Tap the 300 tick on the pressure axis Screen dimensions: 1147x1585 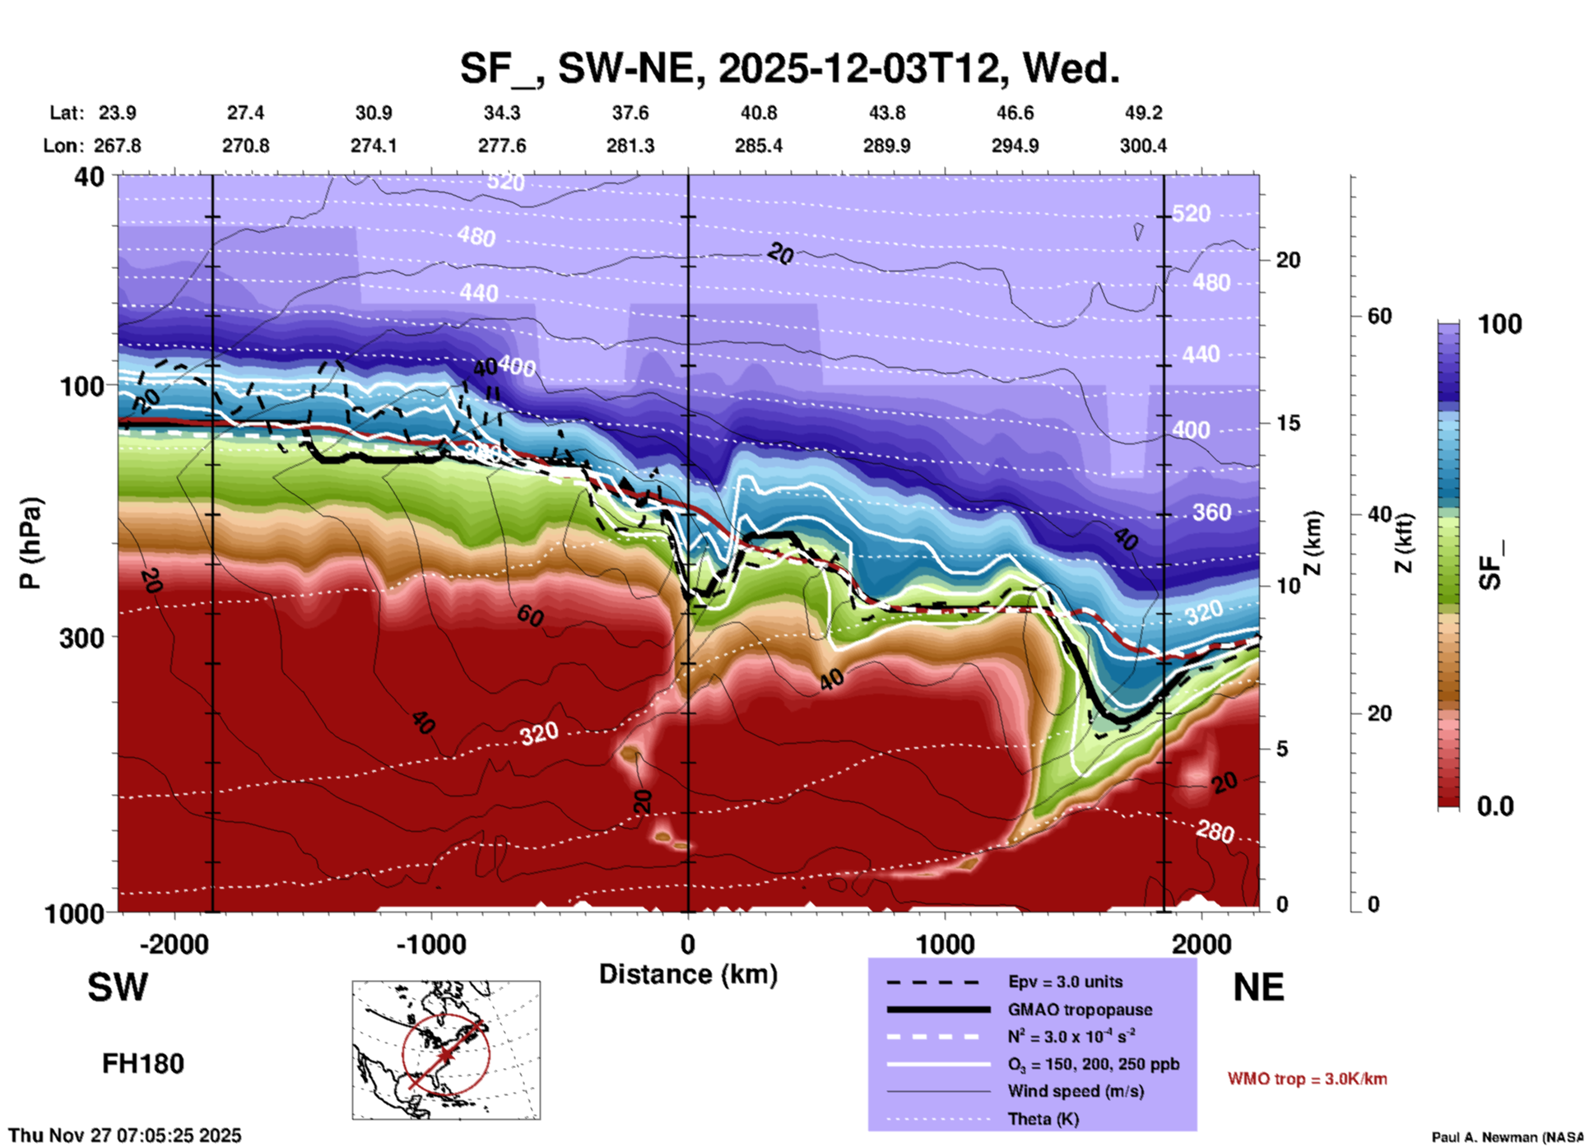pos(81,638)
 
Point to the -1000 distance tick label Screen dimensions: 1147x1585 pos(430,945)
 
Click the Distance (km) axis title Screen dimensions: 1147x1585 pos(688,974)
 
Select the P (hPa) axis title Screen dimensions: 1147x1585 pos(30,543)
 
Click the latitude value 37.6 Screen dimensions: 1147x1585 pos(630,113)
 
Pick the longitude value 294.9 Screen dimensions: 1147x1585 pos(1015,146)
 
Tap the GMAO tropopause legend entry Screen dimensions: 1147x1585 pos(1079,1010)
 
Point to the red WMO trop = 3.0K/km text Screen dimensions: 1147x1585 pos(1307,1079)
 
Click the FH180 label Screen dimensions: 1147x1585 pos(143,1064)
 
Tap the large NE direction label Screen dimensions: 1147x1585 pos(1258,987)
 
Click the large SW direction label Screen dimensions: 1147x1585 pos(118,987)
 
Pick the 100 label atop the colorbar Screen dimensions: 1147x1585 pos(1499,324)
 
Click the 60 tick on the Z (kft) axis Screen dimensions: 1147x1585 pos(1379,316)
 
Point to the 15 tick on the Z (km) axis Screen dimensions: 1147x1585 pos(1288,423)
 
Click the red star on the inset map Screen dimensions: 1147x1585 pos(445,1055)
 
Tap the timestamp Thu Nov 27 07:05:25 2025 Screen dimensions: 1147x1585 pos(125,1135)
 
